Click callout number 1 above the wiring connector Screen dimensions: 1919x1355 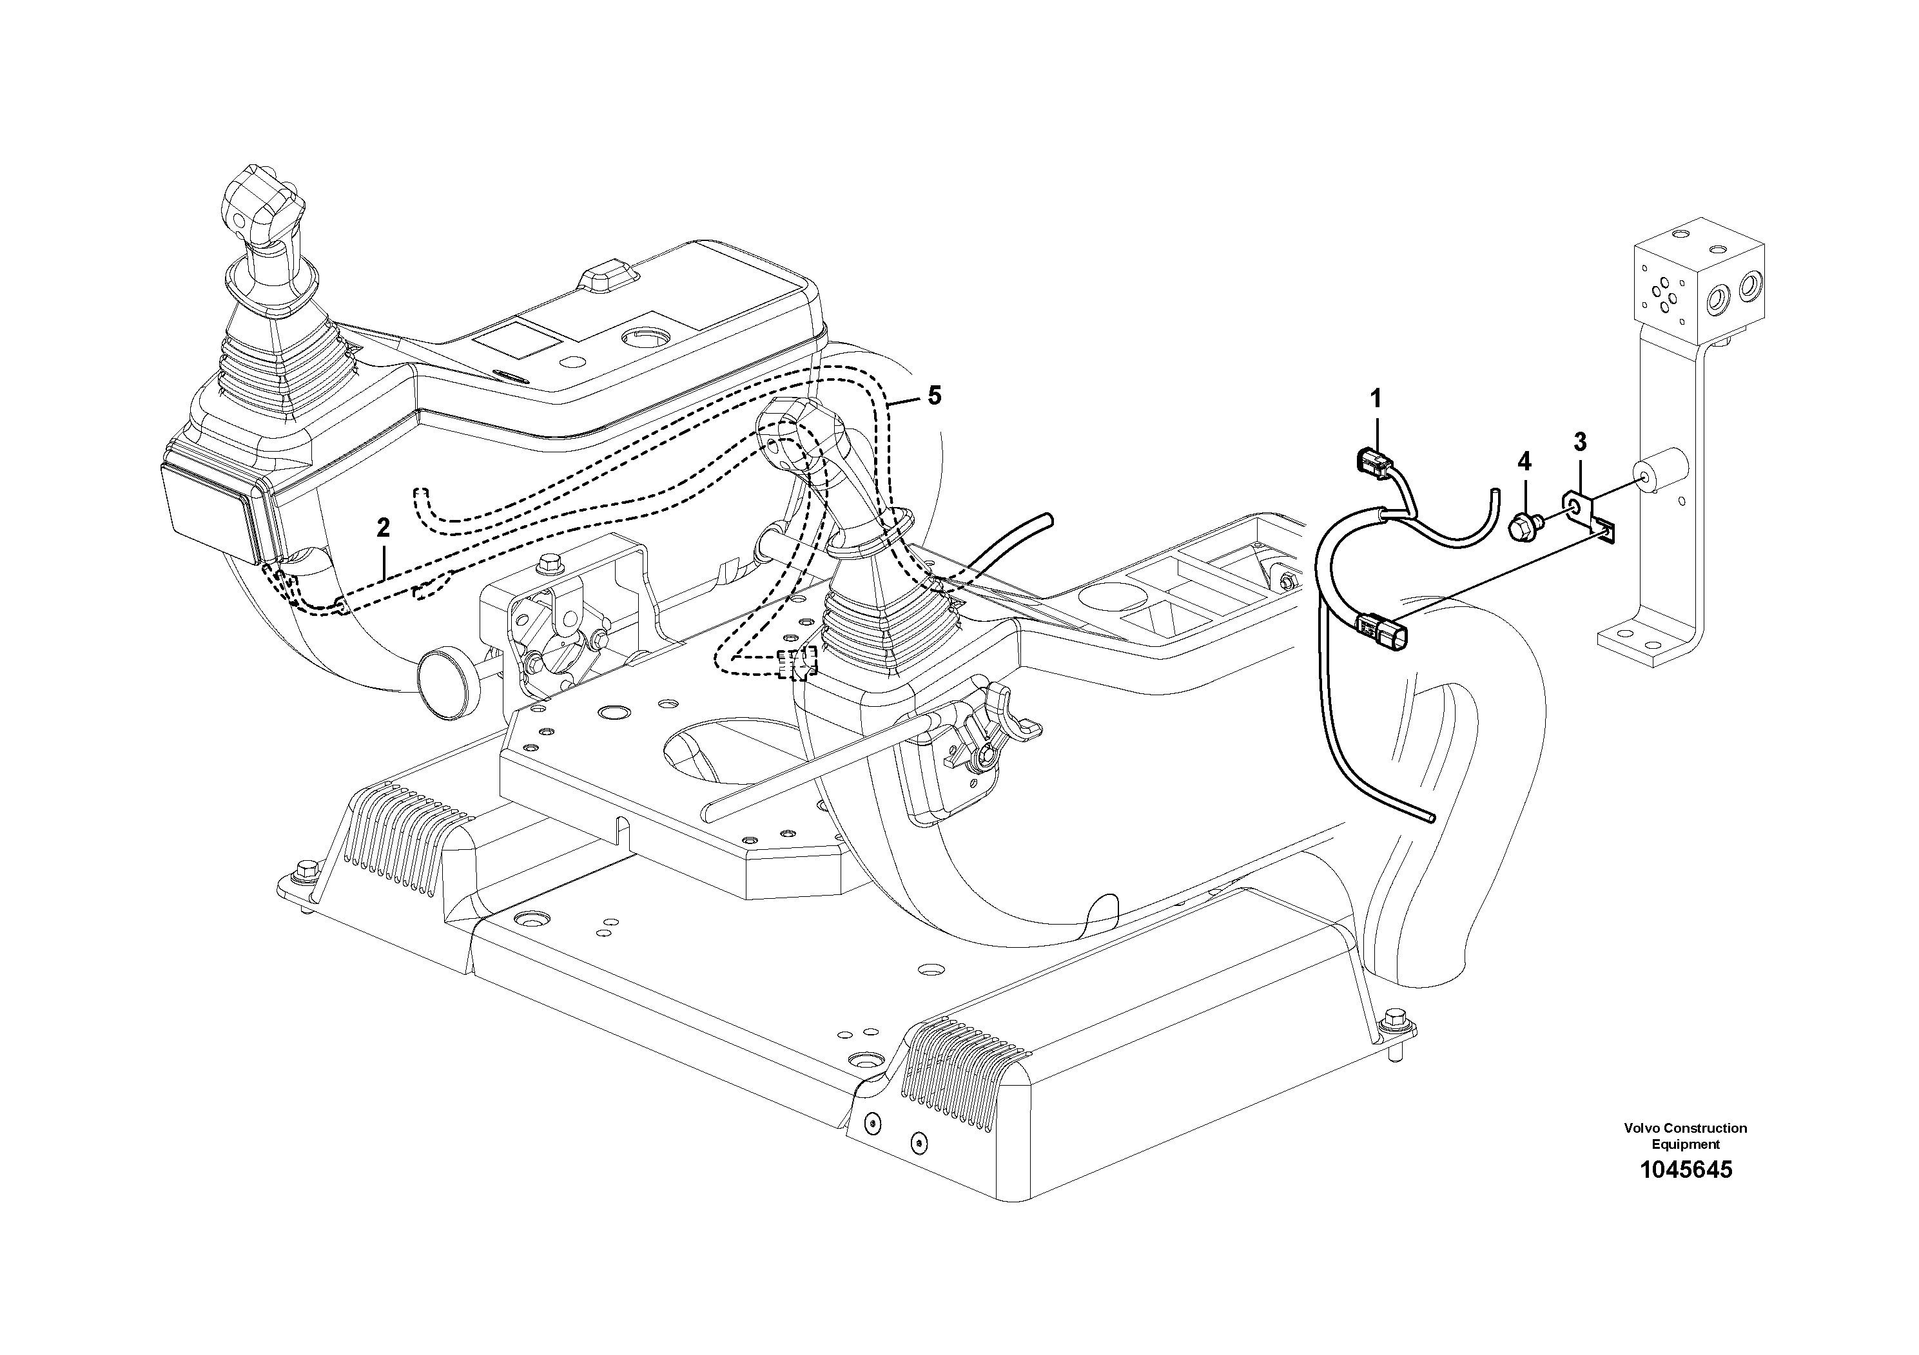coord(1375,398)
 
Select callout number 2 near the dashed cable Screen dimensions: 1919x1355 coord(383,527)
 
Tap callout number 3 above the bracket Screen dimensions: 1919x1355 coord(1580,442)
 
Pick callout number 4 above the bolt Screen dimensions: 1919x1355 coord(1524,461)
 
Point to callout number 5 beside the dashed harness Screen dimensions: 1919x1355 coord(933,395)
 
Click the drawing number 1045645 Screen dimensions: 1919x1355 coord(1686,1169)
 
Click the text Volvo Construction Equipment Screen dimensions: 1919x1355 coord(1685,1136)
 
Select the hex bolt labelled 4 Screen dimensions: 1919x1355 coord(1521,527)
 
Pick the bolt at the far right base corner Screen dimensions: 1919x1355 coord(1393,1020)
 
